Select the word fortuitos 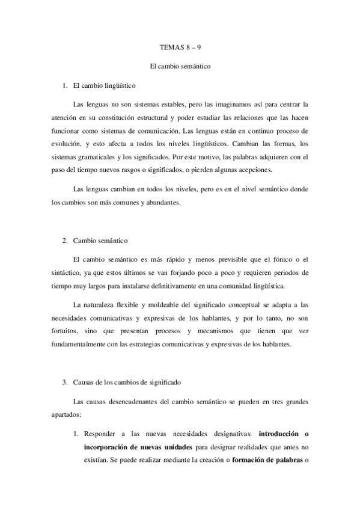pos(66,333)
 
